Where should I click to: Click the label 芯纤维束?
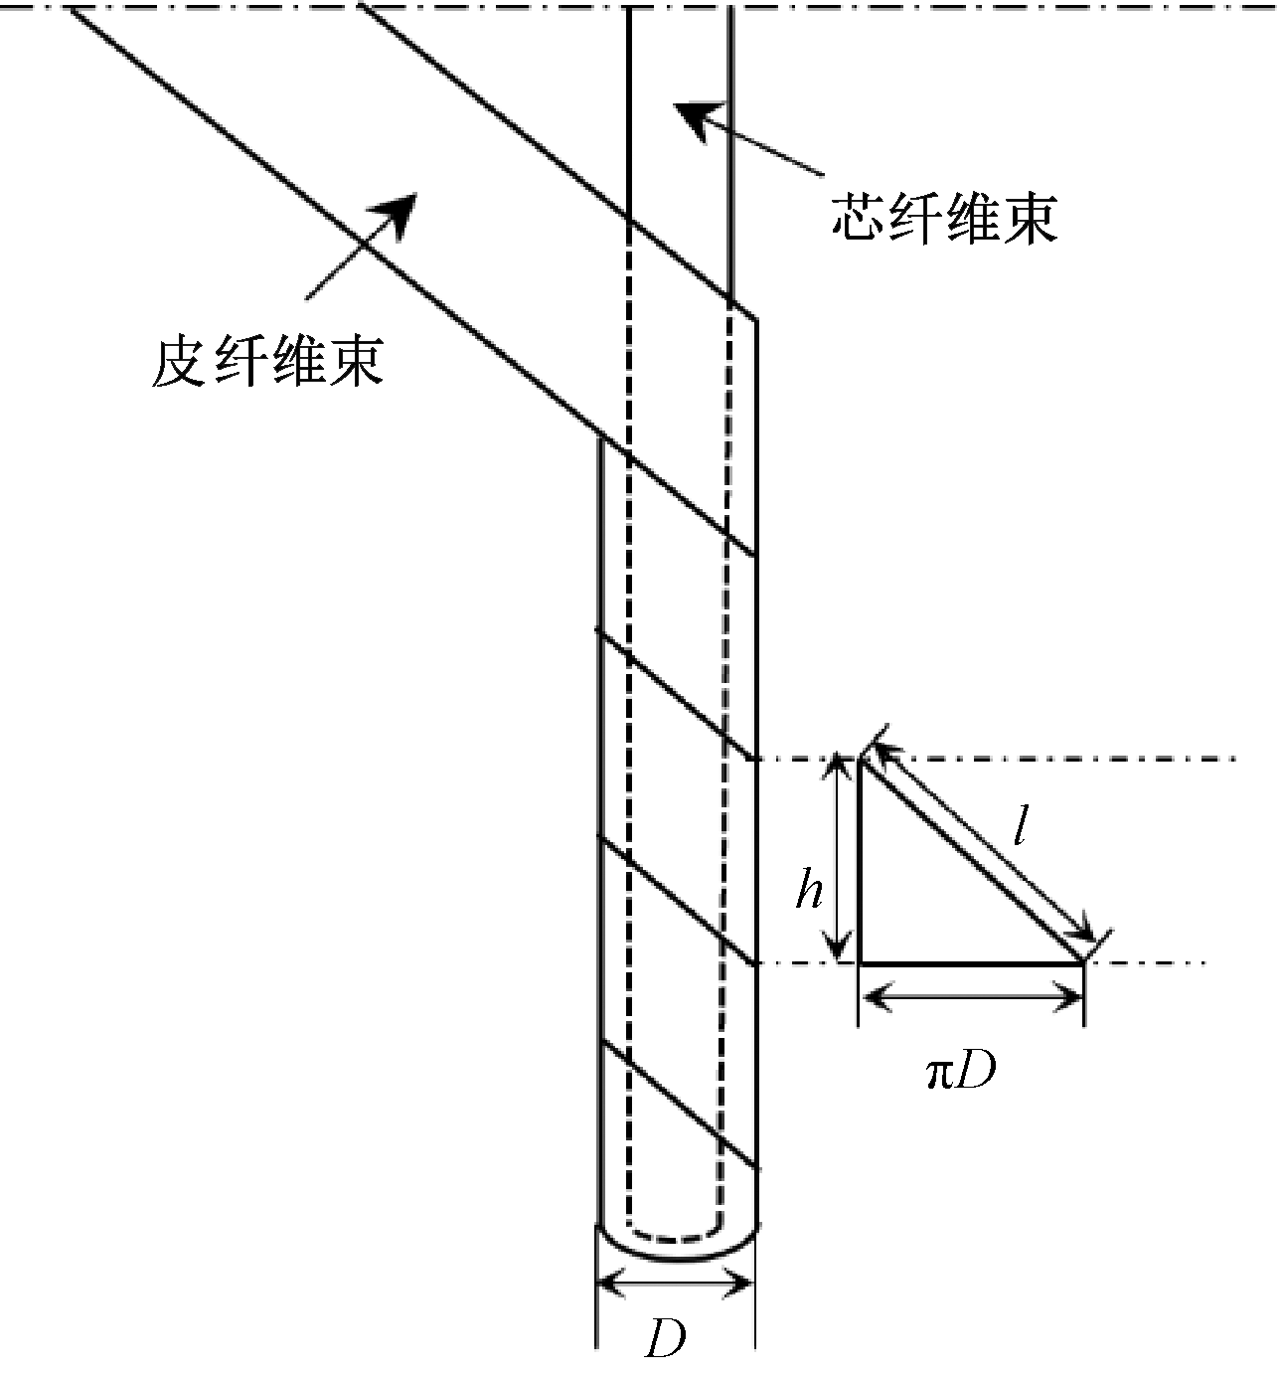[x=943, y=220]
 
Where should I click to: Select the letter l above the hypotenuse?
[x=1018, y=824]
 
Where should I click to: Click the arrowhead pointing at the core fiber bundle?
[x=692, y=118]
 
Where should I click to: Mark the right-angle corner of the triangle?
[x=860, y=962]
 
